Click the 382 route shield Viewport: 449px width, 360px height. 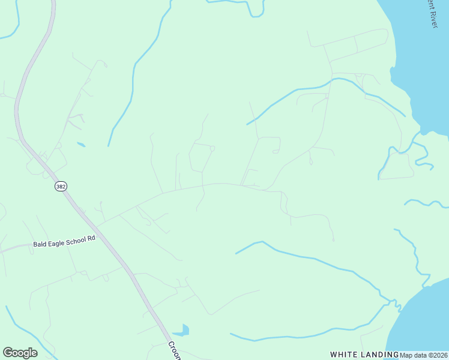click(x=61, y=187)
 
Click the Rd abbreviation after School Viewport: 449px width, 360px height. click(x=91, y=238)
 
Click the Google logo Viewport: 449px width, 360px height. click(x=20, y=353)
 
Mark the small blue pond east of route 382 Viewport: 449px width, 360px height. click(x=81, y=145)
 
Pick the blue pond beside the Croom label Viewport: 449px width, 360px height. click(x=181, y=330)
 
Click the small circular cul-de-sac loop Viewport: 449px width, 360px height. click(x=212, y=148)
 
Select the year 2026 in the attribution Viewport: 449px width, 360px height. click(x=439, y=355)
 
